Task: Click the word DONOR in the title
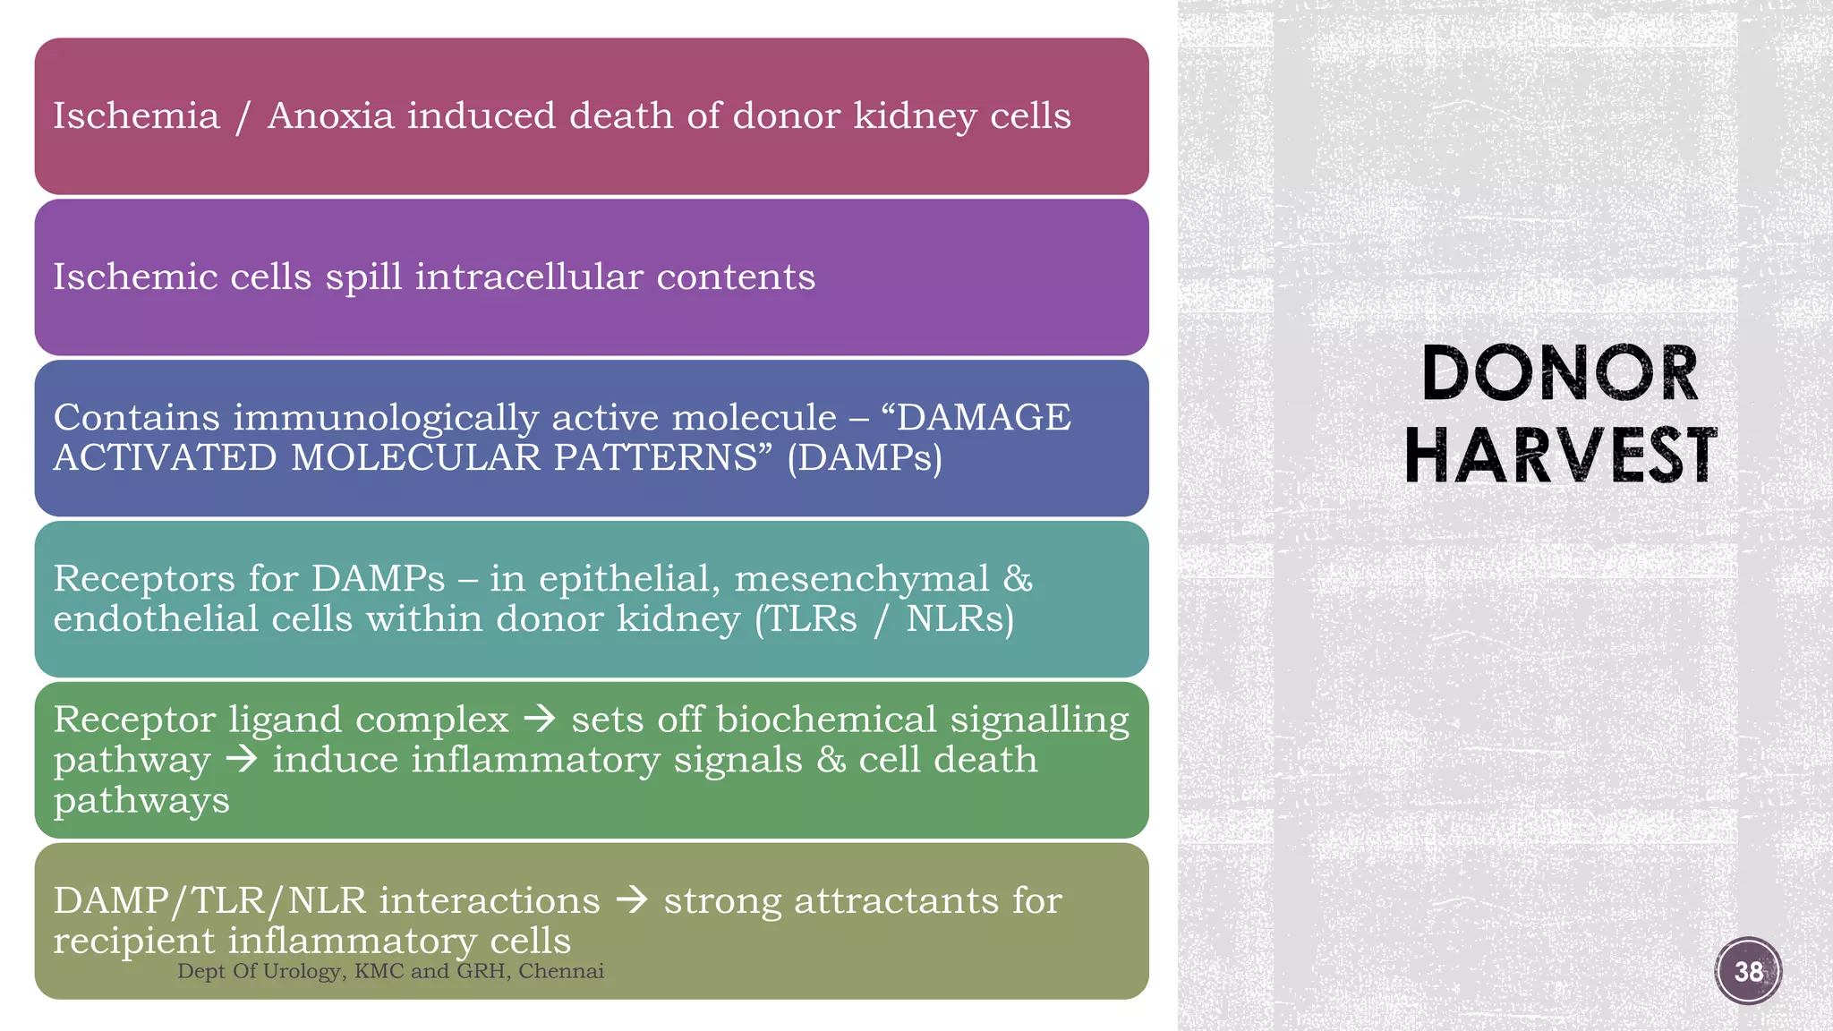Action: pos(1559,373)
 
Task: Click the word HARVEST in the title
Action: pos(1560,456)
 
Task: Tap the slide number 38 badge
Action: pos(1748,971)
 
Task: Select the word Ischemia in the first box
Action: pos(136,116)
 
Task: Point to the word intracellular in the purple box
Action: pos(529,277)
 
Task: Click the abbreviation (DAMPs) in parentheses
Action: pos(865,457)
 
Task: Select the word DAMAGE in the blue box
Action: pos(984,417)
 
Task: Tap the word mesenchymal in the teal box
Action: pos(862,578)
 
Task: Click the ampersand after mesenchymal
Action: pos(1018,578)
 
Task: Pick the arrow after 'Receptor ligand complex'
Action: pos(540,719)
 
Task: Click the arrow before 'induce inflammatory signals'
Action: pos(242,760)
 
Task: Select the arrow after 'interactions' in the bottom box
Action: pos(632,899)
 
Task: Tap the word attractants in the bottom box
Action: pos(896,900)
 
